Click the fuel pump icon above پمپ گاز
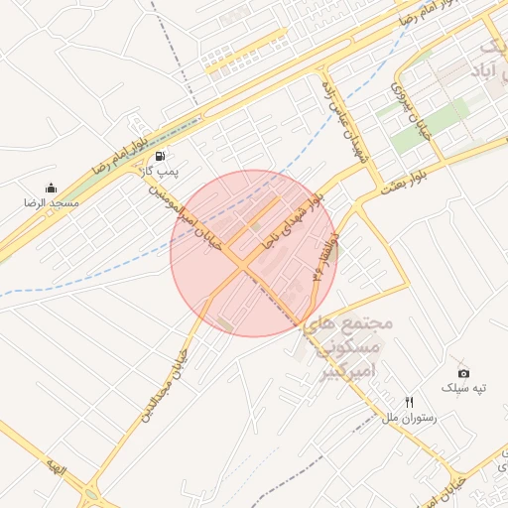pos(160,156)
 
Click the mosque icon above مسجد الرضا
pos(52,188)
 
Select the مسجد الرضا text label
pos(52,202)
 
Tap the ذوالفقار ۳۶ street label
pos(324,256)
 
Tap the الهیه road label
pos(54,465)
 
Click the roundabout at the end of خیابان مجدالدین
pos(93,492)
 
